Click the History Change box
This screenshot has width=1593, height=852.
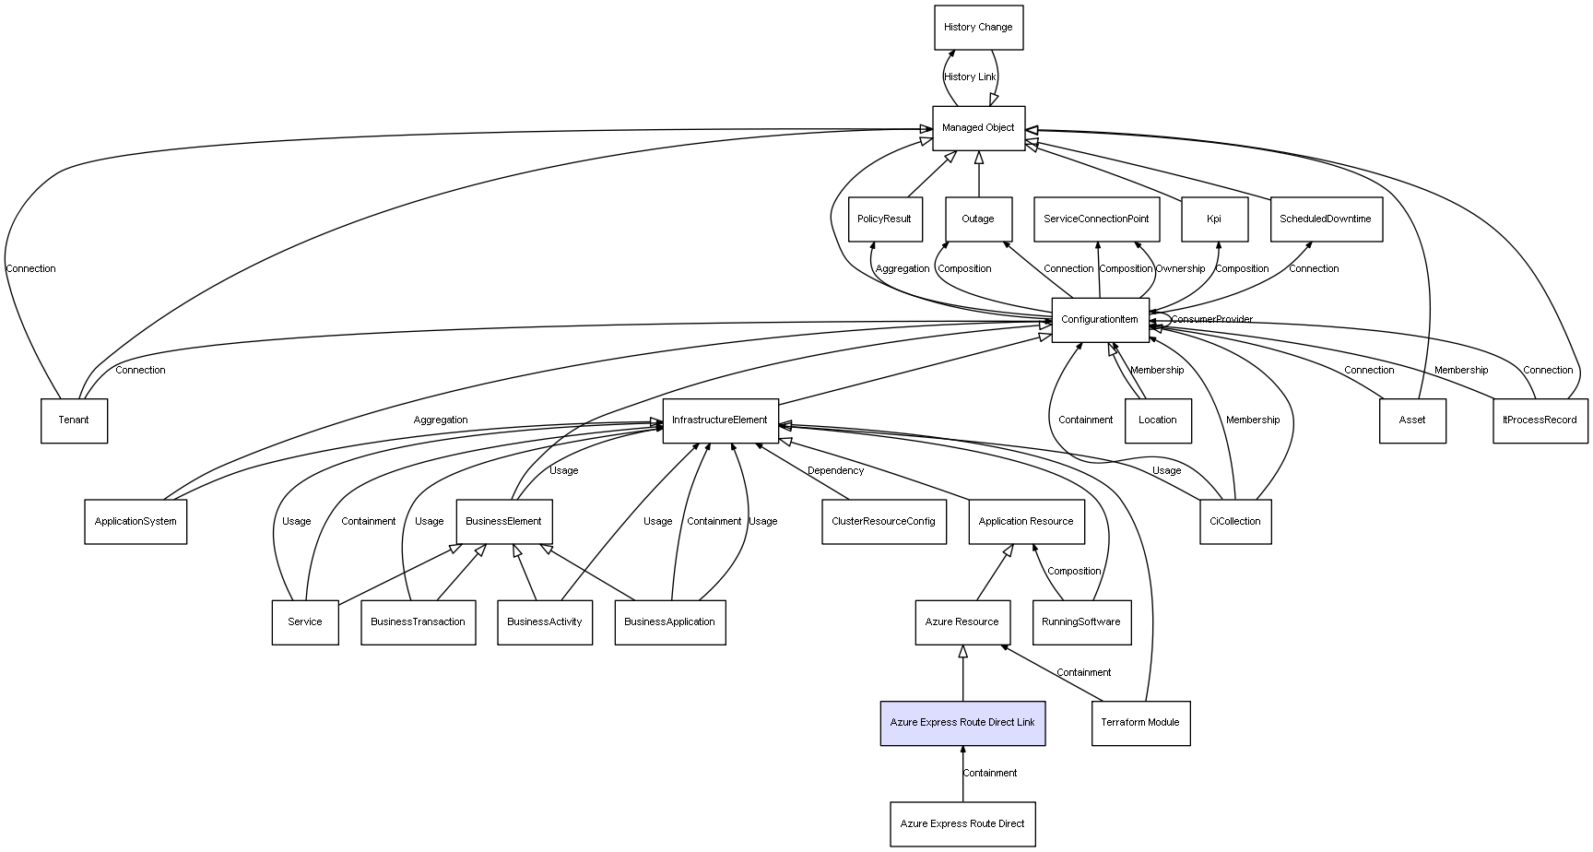(978, 28)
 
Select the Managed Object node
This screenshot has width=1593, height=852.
(978, 128)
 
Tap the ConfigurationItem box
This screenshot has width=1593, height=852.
(1100, 320)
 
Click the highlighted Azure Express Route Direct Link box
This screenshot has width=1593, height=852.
(962, 723)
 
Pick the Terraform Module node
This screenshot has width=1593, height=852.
(1140, 723)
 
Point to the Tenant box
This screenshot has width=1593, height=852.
(74, 420)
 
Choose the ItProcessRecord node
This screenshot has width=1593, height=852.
(1540, 420)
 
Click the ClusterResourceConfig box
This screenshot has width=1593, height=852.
(883, 522)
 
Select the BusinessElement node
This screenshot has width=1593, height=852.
(503, 522)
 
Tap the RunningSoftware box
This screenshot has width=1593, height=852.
(1081, 622)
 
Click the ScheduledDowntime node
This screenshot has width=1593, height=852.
(1326, 219)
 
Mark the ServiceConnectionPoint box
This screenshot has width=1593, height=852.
(1096, 219)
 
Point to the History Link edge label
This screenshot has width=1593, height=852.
(970, 77)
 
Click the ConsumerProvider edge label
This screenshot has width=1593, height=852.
(1212, 320)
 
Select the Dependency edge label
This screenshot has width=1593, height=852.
(835, 471)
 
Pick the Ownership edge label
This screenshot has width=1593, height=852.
(1180, 269)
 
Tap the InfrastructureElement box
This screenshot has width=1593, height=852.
(720, 420)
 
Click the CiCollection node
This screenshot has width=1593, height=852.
(1235, 522)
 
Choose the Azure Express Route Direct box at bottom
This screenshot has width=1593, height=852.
(962, 824)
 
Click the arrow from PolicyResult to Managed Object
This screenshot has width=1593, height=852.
(931, 175)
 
